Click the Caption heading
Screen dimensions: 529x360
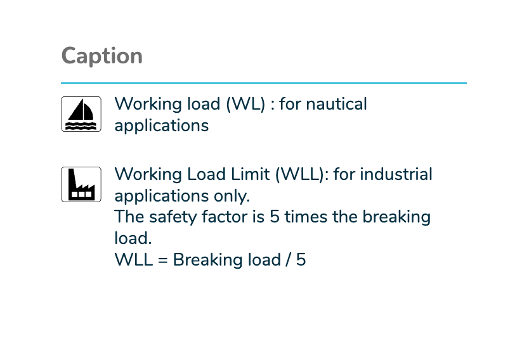tap(102, 56)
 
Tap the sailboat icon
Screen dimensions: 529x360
tap(81, 114)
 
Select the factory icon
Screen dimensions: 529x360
tap(81, 184)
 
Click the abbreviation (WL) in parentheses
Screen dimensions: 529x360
tap(246, 104)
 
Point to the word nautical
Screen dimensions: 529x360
tap(336, 104)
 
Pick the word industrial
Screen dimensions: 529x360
tap(396, 174)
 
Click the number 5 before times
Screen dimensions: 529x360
tap(275, 217)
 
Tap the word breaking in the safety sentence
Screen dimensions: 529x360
tap(396, 217)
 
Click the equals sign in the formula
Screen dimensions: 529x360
tap(162, 260)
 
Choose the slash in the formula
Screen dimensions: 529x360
tap(288, 260)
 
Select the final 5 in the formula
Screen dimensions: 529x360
tap(301, 260)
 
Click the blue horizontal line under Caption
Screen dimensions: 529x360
tap(264, 82)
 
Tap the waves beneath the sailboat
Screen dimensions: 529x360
tap(81, 125)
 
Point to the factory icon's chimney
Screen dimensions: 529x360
tap(72, 179)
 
